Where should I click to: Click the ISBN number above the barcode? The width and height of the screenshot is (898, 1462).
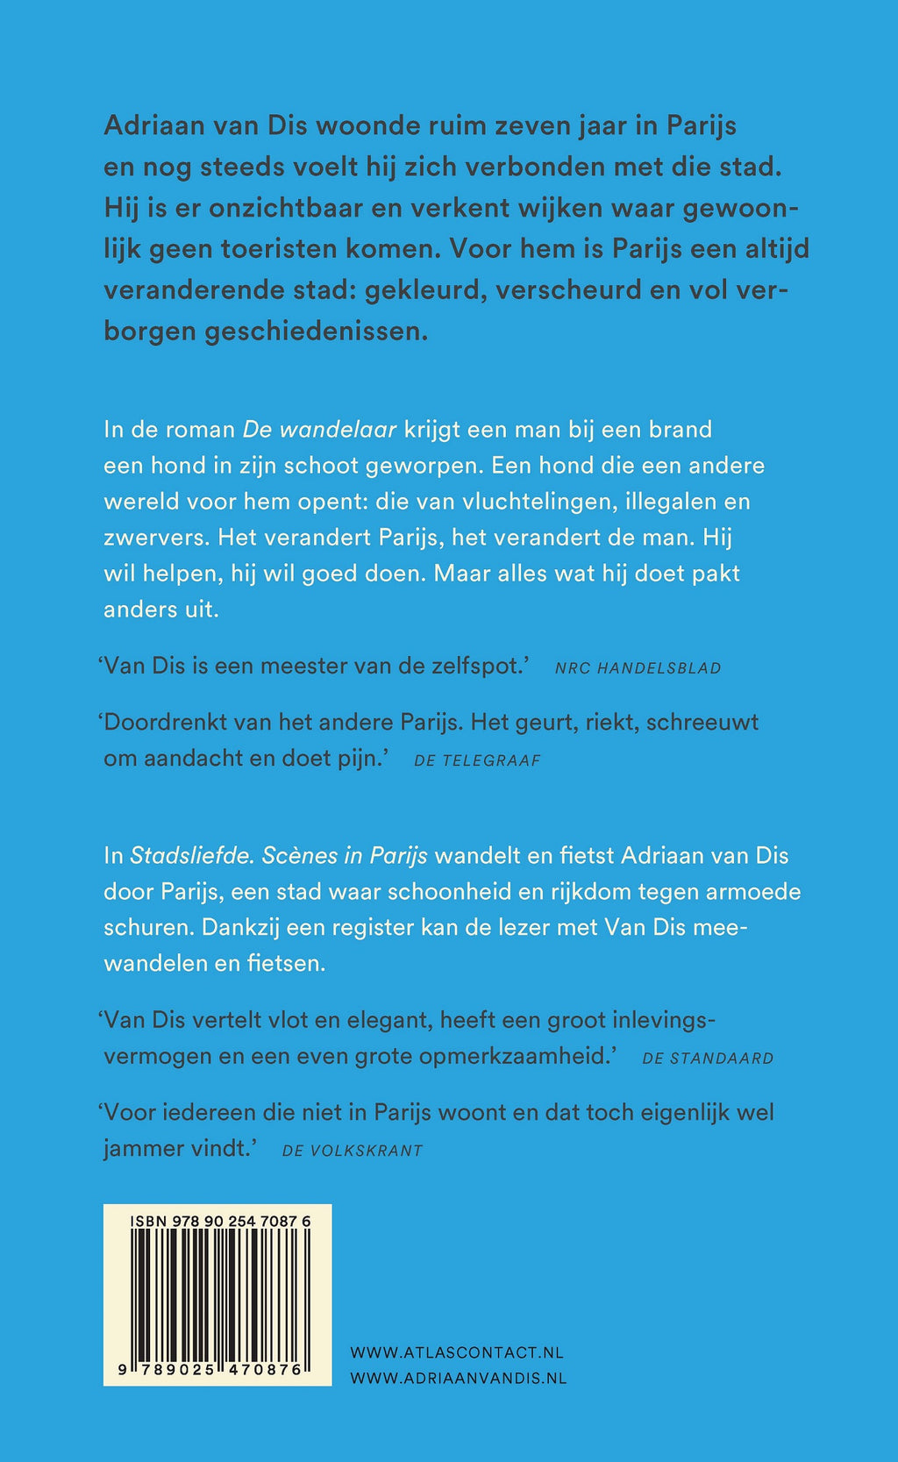(x=219, y=1221)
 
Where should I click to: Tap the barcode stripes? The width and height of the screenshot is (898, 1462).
(x=217, y=1294)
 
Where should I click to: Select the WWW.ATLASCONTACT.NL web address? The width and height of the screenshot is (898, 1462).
(x=456, y=1352)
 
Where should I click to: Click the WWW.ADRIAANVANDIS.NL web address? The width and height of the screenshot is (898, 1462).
(x=458, y=1378)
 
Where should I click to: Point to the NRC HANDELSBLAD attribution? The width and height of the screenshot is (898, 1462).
(x=638, y=668)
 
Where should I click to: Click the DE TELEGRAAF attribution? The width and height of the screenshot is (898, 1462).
(x=477, y=760)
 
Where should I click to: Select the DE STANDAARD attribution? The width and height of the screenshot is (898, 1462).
(x=708, y=1059)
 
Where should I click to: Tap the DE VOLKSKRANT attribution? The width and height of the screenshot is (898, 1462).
(x=352, y=1151)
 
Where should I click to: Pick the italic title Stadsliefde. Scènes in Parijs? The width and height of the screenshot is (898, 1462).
(x=279, y=855)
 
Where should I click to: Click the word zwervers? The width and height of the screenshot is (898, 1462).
(x=154, y=538)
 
